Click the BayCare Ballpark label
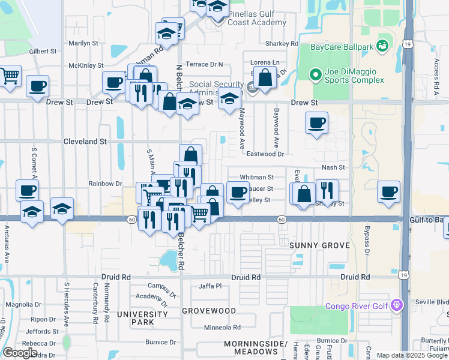coord(342,46)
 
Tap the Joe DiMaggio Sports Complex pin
coord(315,75)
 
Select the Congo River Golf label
coord(358,306)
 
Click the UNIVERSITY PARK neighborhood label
coord(143,319)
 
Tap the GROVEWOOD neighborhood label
coord(209,311)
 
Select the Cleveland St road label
coord(85,142)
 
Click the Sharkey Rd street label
coord(282,44)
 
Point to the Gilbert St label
coord(42,52)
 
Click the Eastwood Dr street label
coord(265,154)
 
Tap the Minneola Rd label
coord(222,328)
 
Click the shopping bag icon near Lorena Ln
coord(265,77)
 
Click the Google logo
coord(20,353)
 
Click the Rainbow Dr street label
coord(105,184)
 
